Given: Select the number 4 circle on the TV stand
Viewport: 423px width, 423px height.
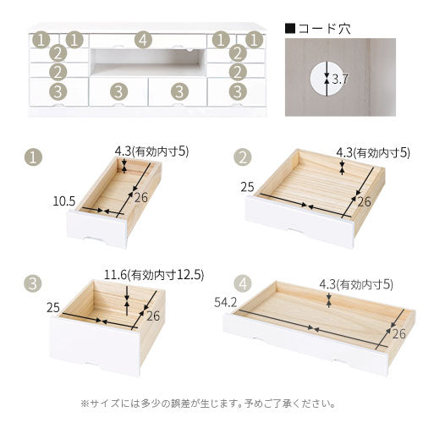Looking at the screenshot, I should coord(143,40).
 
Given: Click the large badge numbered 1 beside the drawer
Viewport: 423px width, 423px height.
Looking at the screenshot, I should coord(33,157).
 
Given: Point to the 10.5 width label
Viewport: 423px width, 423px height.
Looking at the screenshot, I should coord(65,201).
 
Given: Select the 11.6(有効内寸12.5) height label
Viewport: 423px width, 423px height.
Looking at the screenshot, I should coord(153,274).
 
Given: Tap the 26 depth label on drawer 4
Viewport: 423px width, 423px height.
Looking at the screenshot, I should coord(400,334).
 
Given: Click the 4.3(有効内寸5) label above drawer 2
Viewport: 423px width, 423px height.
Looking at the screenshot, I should coord(372,152).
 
